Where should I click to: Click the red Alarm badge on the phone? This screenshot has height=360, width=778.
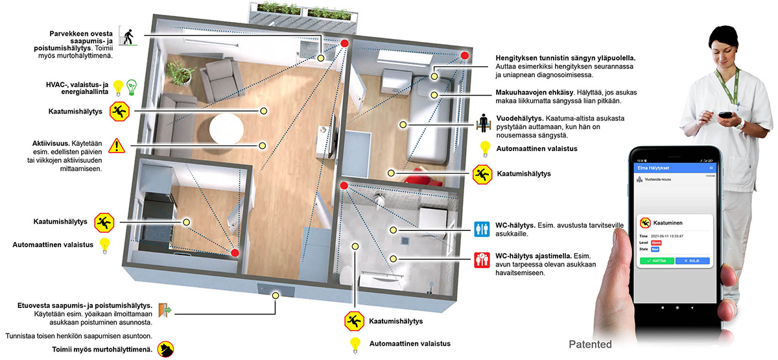(x=655, y=242)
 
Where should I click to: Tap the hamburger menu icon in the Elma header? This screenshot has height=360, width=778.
(x=711, y=168)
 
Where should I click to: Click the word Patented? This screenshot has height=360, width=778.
(x=589, y=344)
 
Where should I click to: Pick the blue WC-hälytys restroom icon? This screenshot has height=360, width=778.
(x=482, y=229)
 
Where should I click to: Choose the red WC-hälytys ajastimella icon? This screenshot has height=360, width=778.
(x=482, y=260)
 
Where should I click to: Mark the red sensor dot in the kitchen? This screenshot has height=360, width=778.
(x=235, y=252)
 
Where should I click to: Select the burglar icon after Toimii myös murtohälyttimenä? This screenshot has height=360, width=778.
(x=167, y=349)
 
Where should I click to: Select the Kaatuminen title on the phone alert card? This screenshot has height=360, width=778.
(x=668, y=222)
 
